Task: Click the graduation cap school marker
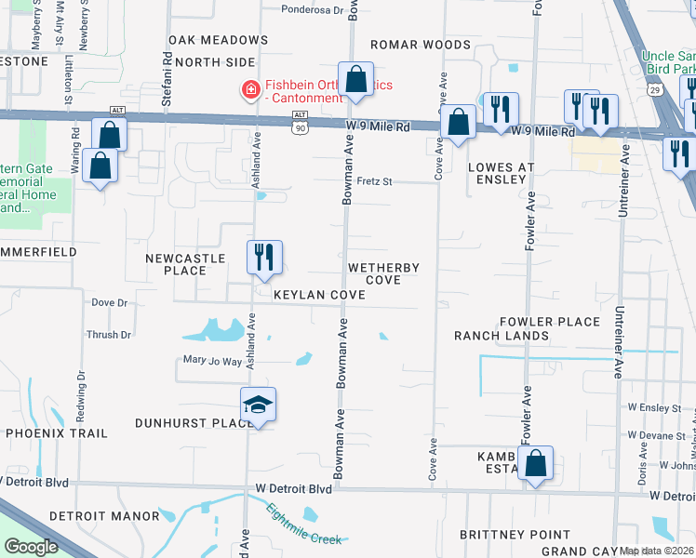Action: (x=258, y=405)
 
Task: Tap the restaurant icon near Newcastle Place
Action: (x=264, y=258)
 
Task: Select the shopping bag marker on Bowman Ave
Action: (x=355, y=80)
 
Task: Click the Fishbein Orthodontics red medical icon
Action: (x=249, y=90)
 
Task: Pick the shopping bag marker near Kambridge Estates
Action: (x=536, y=464)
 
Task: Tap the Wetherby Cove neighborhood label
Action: (x=383, y=273)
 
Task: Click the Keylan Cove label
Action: (x=317, y=294)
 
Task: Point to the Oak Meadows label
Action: (x=218, y=40)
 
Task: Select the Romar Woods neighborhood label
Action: (x=421, y=45)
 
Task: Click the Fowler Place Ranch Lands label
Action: (x=527, y=328)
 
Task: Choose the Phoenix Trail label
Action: (x=57, y=433)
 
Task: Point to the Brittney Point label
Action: (x=515, y=535)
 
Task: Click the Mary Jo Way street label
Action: (x=212, y=361)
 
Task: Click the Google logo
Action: (x=31, y=547)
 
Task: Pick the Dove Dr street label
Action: (x=109, y=302)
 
